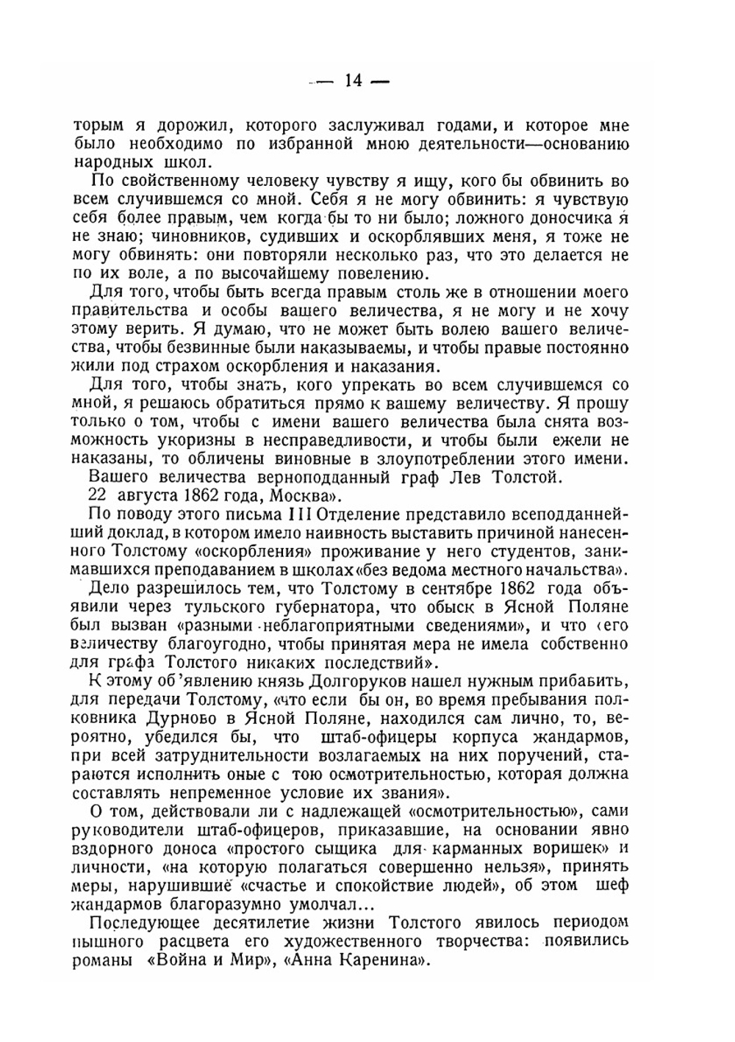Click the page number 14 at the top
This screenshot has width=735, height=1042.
click(353, 82)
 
